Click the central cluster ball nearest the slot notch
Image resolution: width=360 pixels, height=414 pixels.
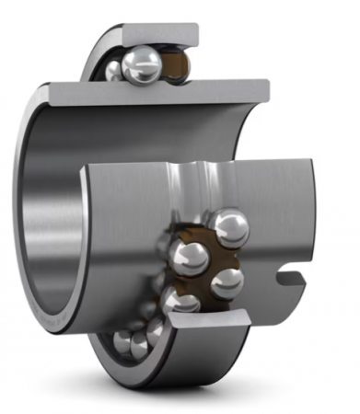pos(226,282)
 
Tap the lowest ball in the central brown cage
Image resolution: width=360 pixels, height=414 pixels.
pos(181,302)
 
